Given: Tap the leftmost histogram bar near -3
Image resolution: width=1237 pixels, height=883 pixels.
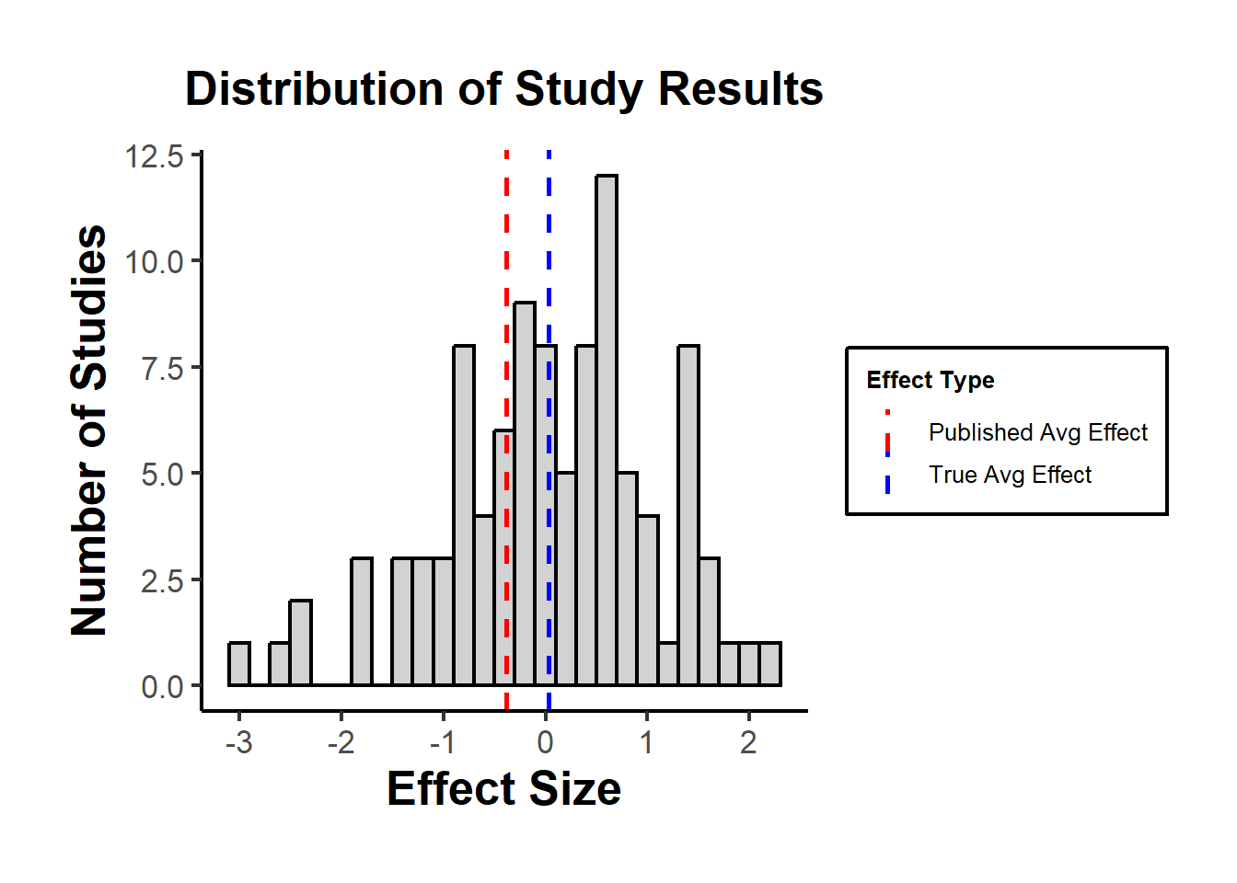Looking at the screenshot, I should (x=239, y=664).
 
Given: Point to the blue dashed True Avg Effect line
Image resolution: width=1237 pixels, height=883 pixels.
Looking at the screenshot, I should (x=549, y=230).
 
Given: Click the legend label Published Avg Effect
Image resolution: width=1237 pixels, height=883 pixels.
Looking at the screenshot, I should (x=1037, y=432).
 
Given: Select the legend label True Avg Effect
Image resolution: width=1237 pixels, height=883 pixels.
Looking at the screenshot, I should (x=1010, y=475).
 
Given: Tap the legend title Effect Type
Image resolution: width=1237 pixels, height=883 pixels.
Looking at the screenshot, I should (x=930, y=380).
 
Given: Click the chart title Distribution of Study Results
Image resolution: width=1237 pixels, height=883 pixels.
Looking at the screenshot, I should (x=503, y=89).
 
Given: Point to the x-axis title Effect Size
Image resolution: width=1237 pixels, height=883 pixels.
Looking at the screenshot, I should (x=503, y=789).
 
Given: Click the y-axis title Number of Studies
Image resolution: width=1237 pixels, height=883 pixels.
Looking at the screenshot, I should (x=89, y=430).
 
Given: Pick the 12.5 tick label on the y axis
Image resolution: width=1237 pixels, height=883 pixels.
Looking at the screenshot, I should (x=155, y=156).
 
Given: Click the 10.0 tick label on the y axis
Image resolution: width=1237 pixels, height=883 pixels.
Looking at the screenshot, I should (x=155, y=262).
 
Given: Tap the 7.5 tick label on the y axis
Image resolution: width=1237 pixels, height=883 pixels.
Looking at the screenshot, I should (x=162, y=368).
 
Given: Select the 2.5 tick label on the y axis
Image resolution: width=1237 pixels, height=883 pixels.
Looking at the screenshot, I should (x=162, y=580).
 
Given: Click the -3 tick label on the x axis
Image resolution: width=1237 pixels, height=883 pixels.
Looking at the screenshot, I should (x=239, y=741).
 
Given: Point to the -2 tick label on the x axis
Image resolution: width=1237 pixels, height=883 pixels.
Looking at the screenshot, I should (x=341, y=741).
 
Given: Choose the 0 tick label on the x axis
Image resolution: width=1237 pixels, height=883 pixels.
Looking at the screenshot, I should (x=546, y=741).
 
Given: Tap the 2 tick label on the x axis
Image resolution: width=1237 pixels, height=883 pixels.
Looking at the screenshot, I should (x=749, y=741).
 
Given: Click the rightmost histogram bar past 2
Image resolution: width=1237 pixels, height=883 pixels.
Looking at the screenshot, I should (x=770, y=664).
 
